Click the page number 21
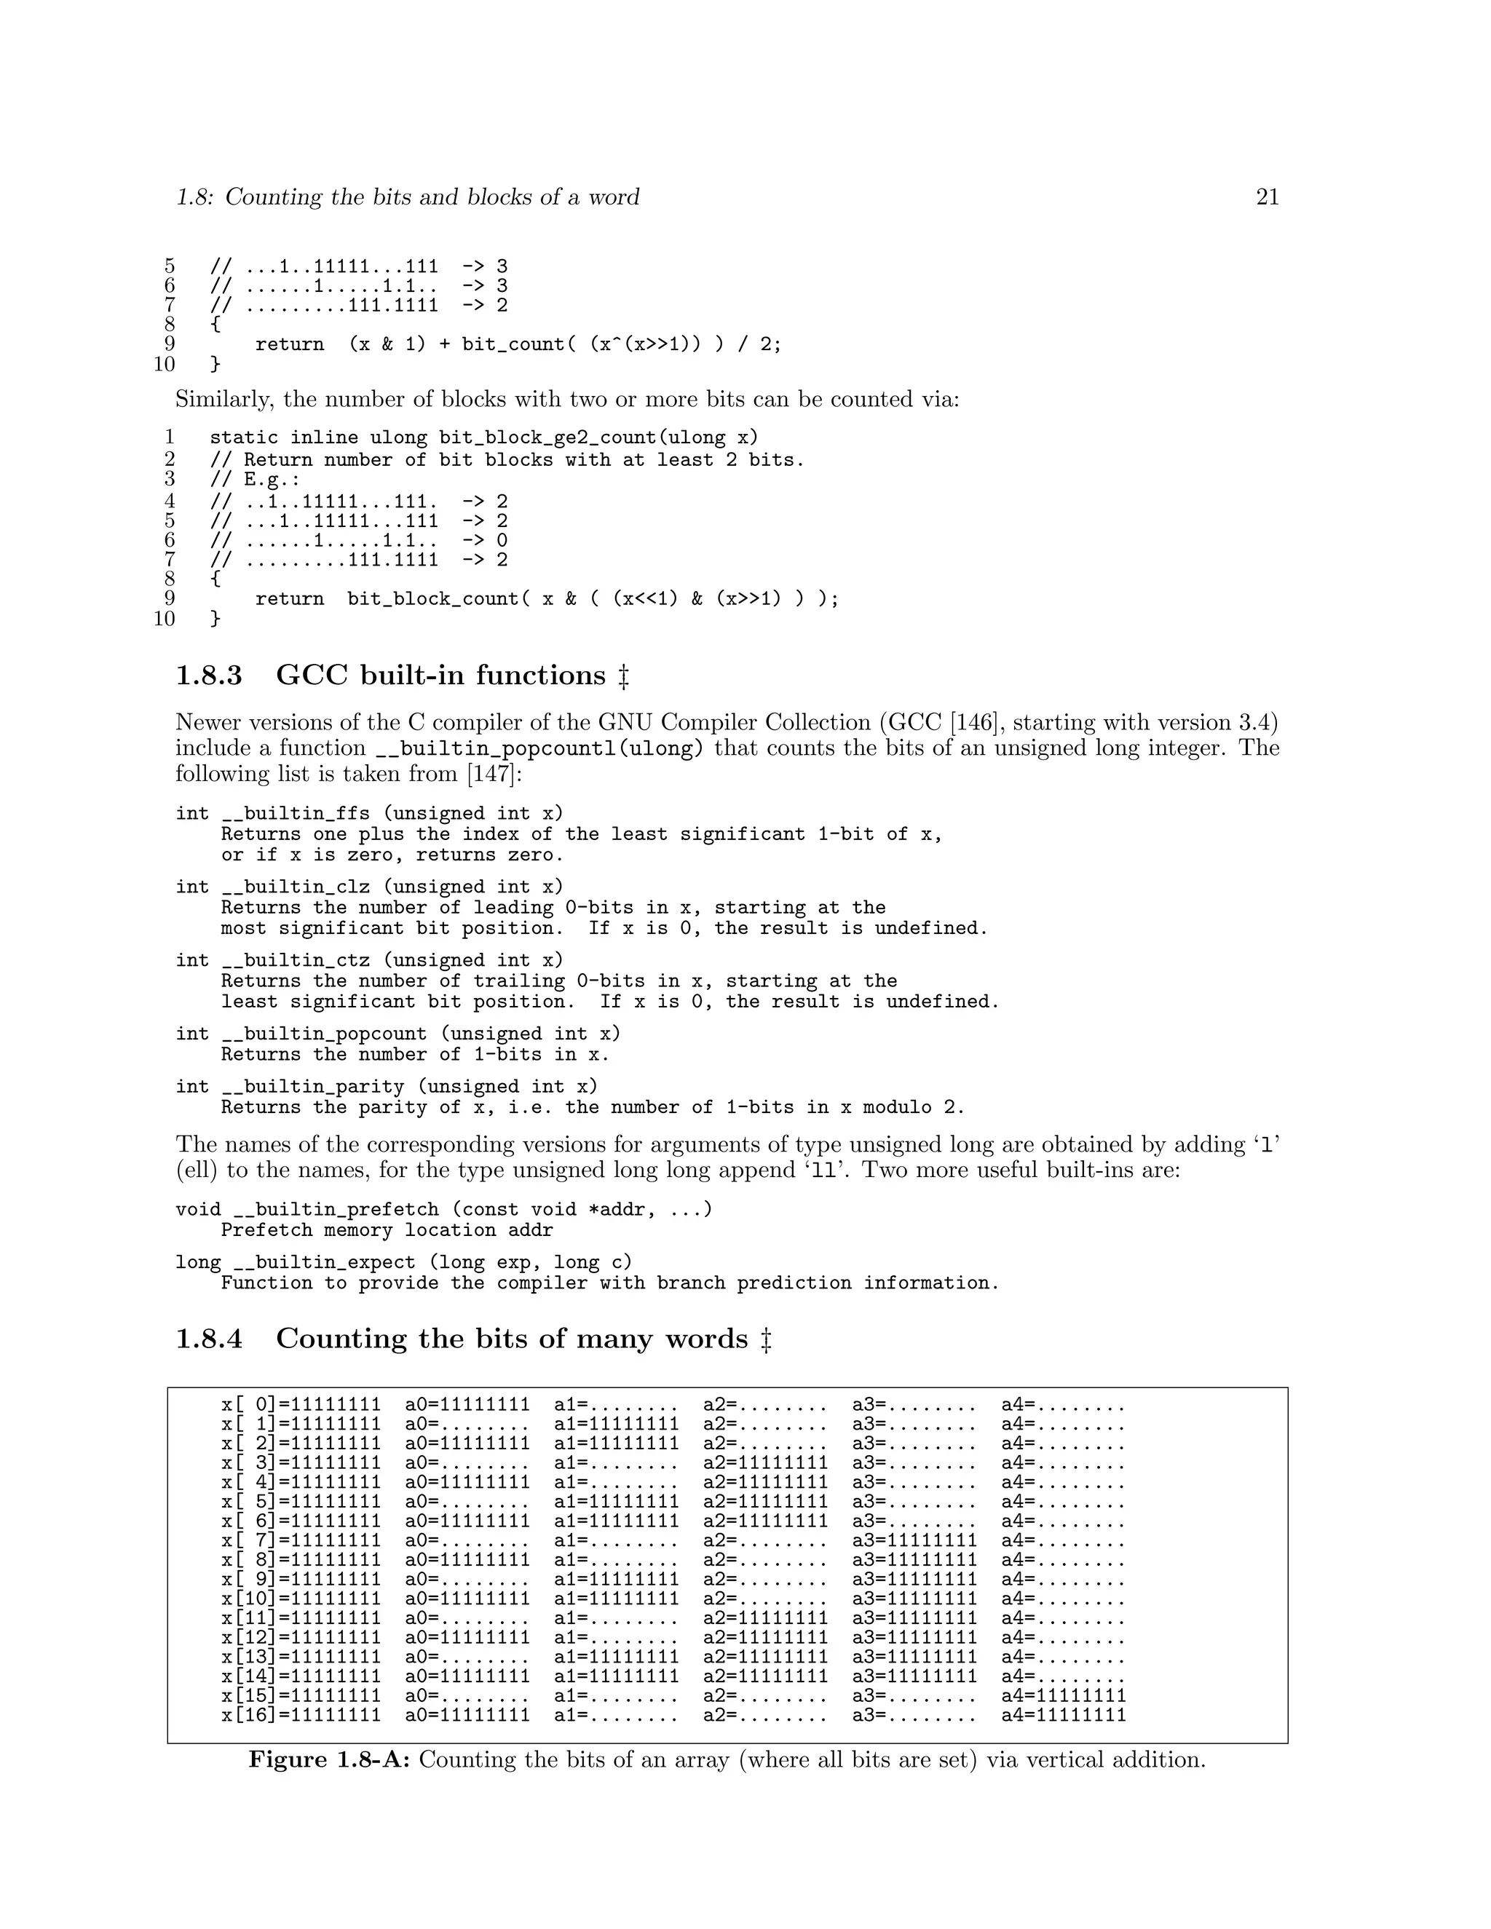click(1267, 197)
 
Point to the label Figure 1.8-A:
click(328, 1759)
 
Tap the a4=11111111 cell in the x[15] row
click(1064, 1696)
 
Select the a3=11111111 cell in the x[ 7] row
click(914, 1541)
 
